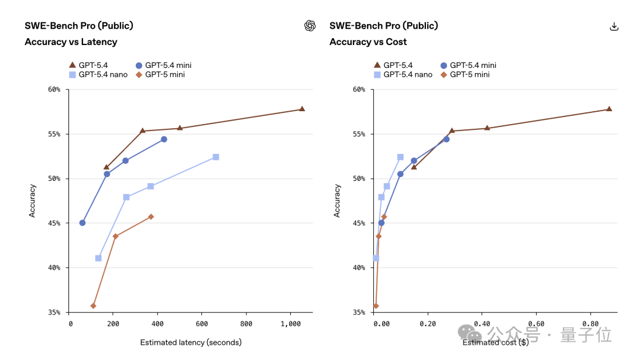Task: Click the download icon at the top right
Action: (614, 26)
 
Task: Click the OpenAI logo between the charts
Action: (310, 26)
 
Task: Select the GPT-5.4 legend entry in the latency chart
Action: (89, 65)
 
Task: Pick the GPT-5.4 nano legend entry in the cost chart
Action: (403, 74)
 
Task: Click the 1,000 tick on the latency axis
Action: (291, 324)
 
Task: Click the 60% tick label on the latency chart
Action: (54, 90)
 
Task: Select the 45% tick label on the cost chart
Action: (359, 223)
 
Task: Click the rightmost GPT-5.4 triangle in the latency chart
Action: (302, 109)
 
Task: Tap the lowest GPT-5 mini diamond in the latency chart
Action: (94, 306)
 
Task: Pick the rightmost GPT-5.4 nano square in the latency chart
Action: (216, 157)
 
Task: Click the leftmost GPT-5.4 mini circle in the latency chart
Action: (83, 222)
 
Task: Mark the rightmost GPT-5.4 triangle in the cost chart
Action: (609, 109)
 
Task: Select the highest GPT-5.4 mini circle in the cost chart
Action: (446, 139)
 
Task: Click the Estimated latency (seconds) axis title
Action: (191, 342)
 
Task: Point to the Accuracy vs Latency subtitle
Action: (71, 42)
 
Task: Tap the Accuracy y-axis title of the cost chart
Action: (337, 201)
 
